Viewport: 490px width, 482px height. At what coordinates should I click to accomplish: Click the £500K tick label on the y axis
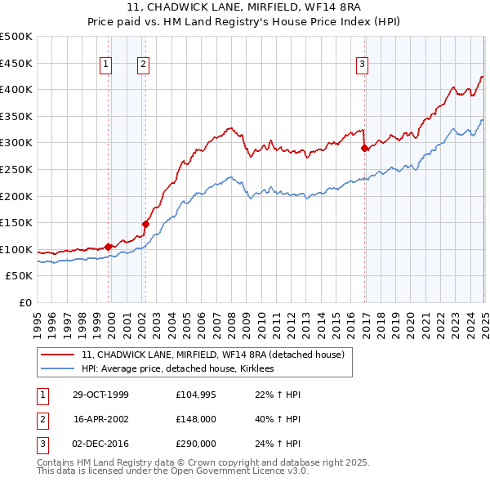[16, 37]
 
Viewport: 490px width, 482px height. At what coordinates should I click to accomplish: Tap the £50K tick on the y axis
[20, 276]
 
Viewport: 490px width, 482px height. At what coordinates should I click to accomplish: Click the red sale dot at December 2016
[365, 149]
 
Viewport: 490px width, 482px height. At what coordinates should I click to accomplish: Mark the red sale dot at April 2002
[145, 224]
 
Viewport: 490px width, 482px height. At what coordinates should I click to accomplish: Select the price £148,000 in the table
[196, 419]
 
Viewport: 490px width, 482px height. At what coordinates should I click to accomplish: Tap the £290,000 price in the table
[196, 444]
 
